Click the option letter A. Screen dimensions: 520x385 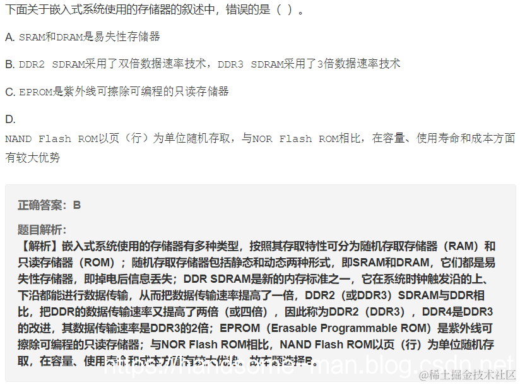[x=9, y=37]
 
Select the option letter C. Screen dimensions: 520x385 [x=9, y=92]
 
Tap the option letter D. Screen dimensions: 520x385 [x=9, y=119]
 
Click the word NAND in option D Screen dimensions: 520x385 [x=18, y=139]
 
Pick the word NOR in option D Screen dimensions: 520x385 [x=263, y=139]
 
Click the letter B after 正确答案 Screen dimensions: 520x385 [x=77, y=205]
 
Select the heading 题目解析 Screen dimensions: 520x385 [x=41, y=230]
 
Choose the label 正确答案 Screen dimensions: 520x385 [x=41, y=205]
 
